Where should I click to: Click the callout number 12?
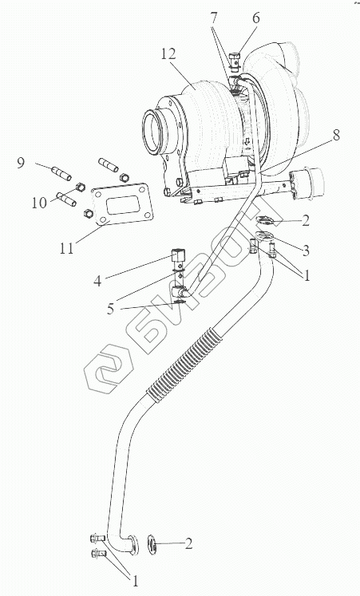click(x=168, y=53)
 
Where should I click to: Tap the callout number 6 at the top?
click(x=255, y=18)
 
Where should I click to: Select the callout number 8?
click(x=336, y=136)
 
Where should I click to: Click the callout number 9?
click(x=21, y=163)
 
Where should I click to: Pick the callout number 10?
click(x=39, y=203)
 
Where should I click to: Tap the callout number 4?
click(x=97, y=281)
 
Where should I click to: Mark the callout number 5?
click(x=110, y=309)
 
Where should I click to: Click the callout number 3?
click(x=305, y=250)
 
